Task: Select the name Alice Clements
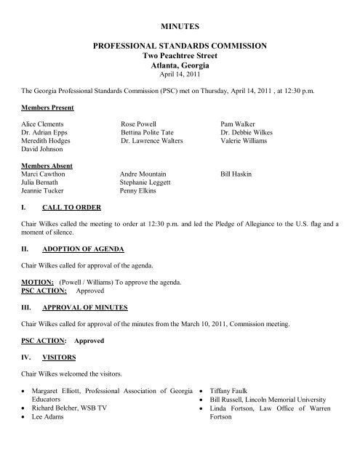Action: click(43, 125)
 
